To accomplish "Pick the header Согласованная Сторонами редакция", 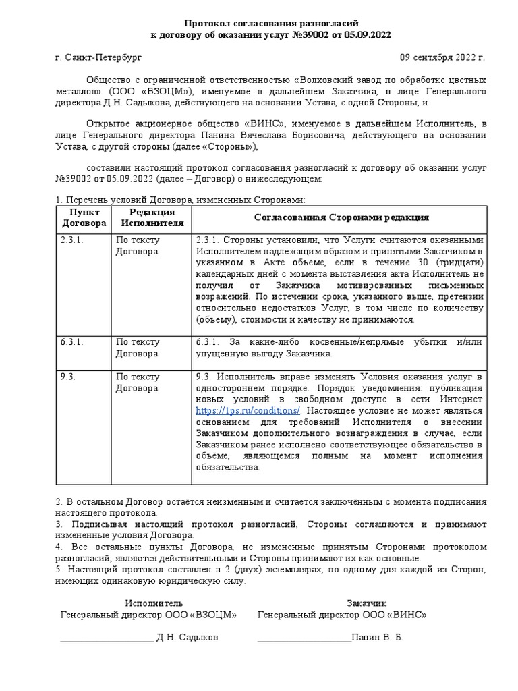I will pyautogui.click(x=341, y=217).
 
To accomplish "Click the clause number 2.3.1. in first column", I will pyautogui.click(x=71, y=240).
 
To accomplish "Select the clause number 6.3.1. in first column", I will pyautogui.click(x=71, y=342).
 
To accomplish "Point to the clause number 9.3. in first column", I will pyautogui.click(x=67, y=377).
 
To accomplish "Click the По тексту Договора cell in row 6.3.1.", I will pyautogui.click(x=138, y=348).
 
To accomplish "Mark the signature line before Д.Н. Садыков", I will pyautogui.click(x=107, y=638).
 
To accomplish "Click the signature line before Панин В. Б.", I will pyautogui.click(x=304, y=638).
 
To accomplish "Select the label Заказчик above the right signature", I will pyautogui.click(x=367, y=603).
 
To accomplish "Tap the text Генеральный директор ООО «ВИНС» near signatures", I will pyautogui.click(x=342, y=615).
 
